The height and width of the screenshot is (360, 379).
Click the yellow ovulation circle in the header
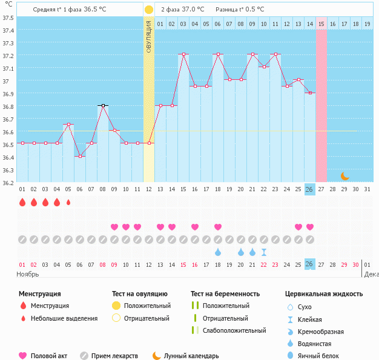[149, 10]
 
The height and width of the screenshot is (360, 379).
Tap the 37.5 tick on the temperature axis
[8, 18]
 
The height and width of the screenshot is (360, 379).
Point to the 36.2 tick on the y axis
[8, 183]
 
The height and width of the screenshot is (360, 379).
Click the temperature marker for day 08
[103, 105]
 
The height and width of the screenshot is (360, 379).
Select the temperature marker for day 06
[80, 156]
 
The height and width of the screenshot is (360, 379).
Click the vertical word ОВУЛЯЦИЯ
[149, 36]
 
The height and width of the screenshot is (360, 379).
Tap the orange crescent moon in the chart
[344, 176]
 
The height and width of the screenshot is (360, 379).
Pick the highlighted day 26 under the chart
[309, 189]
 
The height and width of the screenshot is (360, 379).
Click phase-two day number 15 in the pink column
[321, 24]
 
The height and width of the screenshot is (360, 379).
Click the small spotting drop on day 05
[68, 202]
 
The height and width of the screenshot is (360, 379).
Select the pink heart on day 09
[114, 227]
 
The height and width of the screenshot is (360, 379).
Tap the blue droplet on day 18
[218, 252]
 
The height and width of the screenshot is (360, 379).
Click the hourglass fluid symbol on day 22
[263, 252]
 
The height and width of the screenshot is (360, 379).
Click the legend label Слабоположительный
[234, 330]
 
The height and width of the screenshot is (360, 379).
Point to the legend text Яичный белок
[323, 356]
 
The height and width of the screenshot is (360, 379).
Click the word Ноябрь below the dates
[28, 274]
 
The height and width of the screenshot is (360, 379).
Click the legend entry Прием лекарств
[114, 356]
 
